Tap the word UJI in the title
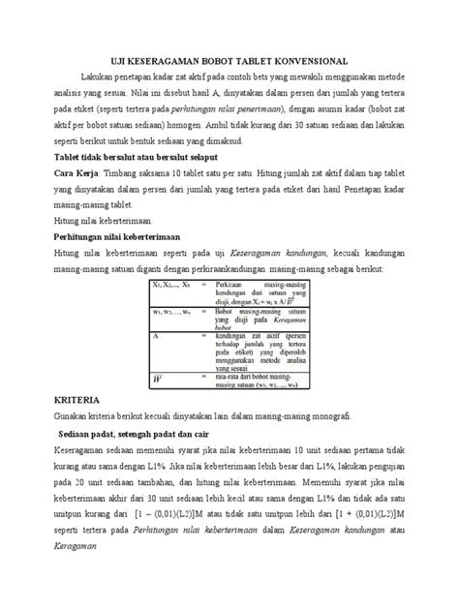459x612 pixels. [139, 61]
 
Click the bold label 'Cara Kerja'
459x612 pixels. [76, 172]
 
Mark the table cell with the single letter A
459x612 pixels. [156, 335]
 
